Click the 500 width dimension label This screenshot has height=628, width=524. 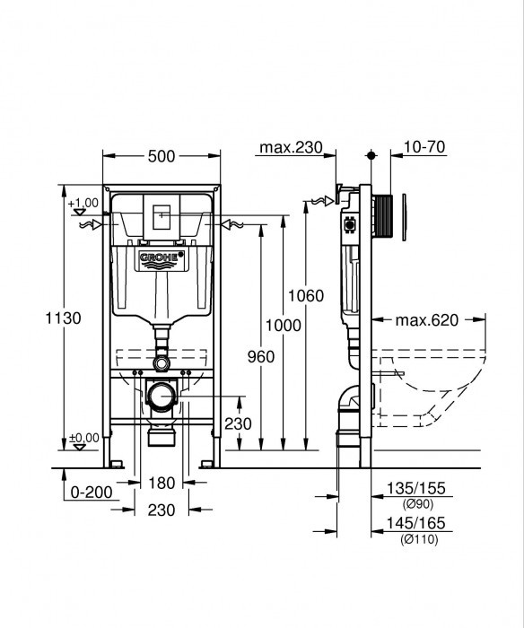pos(162,157)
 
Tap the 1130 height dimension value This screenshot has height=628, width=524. pos(65,318)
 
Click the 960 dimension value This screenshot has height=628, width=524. pos(260,357)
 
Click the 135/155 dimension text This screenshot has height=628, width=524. pos(417,489)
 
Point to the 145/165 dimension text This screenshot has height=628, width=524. pos(417,524)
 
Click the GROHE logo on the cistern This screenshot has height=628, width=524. pos(162,260)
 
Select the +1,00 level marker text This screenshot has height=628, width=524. pos(82,203)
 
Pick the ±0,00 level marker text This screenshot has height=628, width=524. pos(83,438)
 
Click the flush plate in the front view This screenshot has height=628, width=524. pos(162,216)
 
